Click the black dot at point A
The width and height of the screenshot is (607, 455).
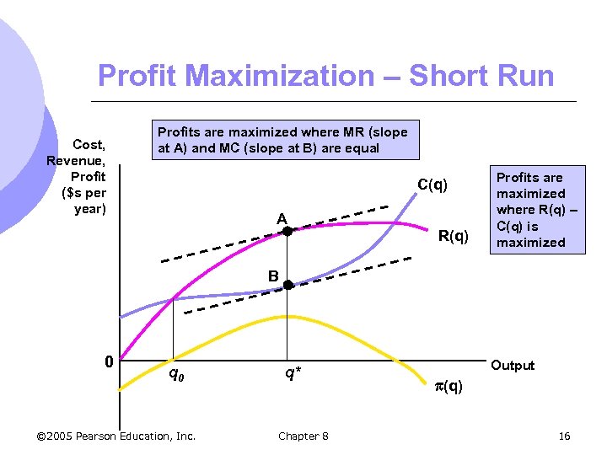tap(287, 230)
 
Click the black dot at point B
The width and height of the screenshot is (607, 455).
tap(287, 286)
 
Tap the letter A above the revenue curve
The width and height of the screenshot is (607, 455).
tap(283, 219)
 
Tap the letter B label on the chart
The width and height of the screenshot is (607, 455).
tap(273, 276)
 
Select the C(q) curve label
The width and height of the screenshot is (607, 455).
tap(432, 185)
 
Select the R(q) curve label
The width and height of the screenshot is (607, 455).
tap(454, 236)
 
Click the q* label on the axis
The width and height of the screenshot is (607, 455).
tap(291, 373)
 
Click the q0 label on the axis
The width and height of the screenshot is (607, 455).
tap(176, 373)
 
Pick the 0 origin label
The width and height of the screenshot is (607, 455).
tap(108, 362)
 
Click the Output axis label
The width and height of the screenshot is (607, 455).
tap(513, 366)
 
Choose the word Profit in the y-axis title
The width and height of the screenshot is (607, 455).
tap(89, 177)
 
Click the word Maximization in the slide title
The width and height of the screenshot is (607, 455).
tap(282, 76)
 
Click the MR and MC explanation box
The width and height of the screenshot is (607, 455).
tap(282, 140)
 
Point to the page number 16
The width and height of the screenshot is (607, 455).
tap(564, 436)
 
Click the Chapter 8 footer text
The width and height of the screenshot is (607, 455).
tap(303, 436)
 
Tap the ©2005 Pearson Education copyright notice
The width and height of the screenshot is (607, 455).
tap(116, 436)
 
